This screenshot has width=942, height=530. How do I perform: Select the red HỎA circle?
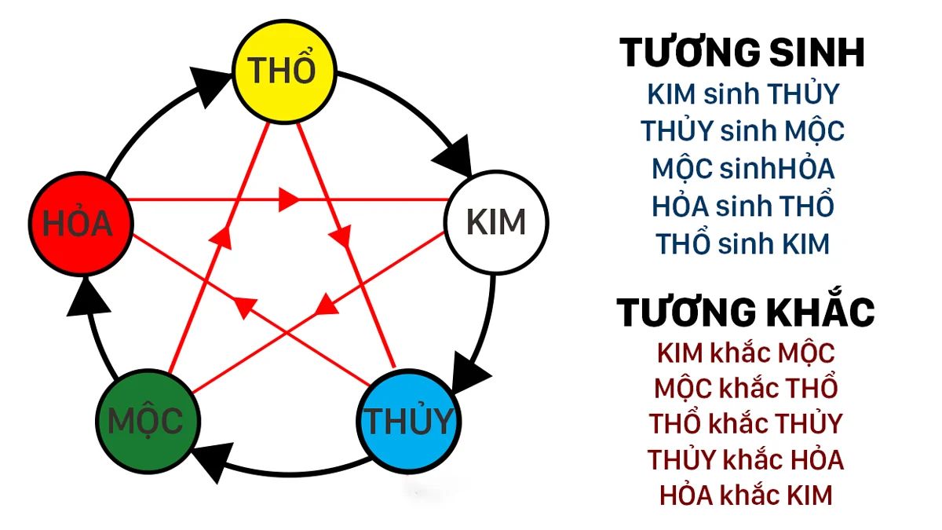coord(77,225)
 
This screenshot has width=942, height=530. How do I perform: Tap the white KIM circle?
coord(495,223)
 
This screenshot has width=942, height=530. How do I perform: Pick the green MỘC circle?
coord(145,421)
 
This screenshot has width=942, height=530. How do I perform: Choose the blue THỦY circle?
coord(409,422)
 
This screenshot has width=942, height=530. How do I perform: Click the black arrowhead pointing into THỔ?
coord(207,87)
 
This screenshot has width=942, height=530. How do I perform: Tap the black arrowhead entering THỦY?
coord(470,369)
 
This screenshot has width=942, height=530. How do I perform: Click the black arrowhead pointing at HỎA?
coord(86,298)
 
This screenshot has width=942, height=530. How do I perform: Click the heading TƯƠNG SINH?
coord(742,53)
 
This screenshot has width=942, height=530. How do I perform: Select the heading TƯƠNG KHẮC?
coord(745,312)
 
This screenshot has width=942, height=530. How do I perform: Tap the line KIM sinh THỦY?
coord(743,94)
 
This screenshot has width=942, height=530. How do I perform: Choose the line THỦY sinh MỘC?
coord(743,130)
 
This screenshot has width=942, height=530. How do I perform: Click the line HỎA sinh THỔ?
coord(743,207)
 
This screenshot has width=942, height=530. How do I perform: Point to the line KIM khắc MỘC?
coord(745,353)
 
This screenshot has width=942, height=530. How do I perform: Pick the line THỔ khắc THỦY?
coord(745,423)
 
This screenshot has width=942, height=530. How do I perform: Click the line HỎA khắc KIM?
coord(745,495)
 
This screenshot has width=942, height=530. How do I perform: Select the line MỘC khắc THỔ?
coord(745,388)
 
